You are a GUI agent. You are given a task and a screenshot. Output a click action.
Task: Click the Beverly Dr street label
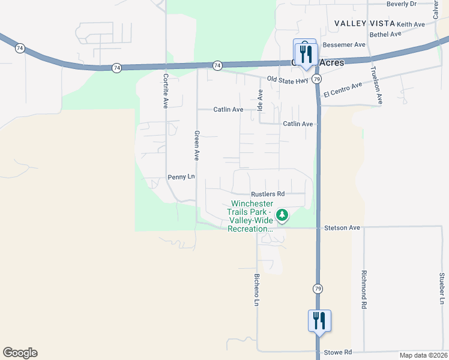[402, 4]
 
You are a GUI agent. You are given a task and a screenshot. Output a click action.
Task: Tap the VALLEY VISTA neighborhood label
[364, 23]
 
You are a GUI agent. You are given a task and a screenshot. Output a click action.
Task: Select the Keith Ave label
[411, 24]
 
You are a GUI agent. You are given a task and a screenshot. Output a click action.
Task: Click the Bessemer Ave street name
[344, 45]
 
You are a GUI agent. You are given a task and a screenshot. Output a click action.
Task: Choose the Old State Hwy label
[288, 79]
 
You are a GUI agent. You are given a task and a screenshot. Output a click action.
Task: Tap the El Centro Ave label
[343, 90]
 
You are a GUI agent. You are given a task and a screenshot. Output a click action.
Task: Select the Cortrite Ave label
[165, 90]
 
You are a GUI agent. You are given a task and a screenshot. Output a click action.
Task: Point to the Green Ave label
[196, 145]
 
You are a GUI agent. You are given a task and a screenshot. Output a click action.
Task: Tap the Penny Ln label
[181, 177]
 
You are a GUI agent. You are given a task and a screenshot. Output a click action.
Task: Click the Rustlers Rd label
[268, 194]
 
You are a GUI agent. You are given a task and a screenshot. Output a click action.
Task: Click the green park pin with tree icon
[282, 214]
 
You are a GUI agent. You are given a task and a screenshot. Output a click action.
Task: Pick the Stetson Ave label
[342, 228]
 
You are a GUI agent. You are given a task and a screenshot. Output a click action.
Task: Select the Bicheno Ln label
[256, 290]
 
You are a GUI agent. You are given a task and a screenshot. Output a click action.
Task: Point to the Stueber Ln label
[441, 289]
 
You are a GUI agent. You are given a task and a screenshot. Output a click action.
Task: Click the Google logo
[20, 353]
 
